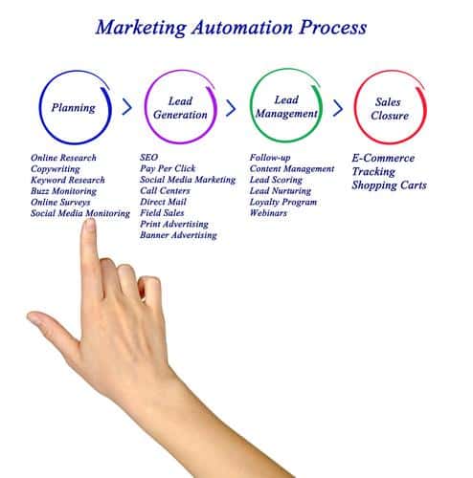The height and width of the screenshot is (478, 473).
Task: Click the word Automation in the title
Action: click(x=242, y=28)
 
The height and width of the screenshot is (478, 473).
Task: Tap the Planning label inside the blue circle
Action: click(x=74, y=108)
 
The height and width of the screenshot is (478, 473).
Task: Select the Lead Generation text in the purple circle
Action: click(x=180, y=108)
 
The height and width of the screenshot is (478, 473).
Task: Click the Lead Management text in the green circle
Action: click(x=286, y=107)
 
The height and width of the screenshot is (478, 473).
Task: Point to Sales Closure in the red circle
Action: click(x=390, y=109)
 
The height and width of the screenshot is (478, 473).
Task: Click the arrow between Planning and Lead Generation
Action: click(x=127, y=107)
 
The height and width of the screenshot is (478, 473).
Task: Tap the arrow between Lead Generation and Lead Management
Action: click(x=231, y=108)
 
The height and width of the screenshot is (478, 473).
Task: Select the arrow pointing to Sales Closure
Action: click(x=338, y=108)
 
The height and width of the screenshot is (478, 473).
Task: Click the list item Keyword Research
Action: click(x=68, y=180)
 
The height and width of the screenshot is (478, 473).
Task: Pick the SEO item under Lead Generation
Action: click(x=148, y=157)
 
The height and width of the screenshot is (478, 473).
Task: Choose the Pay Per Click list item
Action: click(x=168, y=168)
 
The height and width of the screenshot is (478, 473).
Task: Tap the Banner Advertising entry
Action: click(x=178, y=235)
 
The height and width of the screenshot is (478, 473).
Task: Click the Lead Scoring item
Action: click(x=276, y=180)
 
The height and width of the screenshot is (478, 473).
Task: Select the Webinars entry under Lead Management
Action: click(x=268, y=213)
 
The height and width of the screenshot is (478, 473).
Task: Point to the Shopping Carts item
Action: click(x=389, y=185)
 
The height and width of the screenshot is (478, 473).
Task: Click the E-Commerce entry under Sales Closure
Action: click(x=383, y=158)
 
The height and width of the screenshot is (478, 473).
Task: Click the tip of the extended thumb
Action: click(x=30, y=316)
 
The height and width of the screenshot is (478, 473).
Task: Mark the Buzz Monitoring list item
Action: click(x=63, y=191)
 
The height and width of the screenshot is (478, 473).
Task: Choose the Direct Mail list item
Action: click(x=163, y=202)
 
